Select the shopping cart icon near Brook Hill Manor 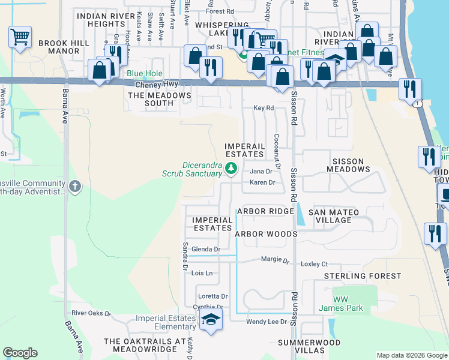point(20,38)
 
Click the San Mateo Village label point(334,216)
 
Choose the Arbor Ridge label point(265,211)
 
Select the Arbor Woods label point(266,234)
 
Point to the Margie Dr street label point(276,260)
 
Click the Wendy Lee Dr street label point(267,322)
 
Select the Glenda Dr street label point(206,249)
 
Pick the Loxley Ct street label point(315,264)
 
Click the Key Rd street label point(264,108)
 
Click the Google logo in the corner point(20,353)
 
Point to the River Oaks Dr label point(91,313)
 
